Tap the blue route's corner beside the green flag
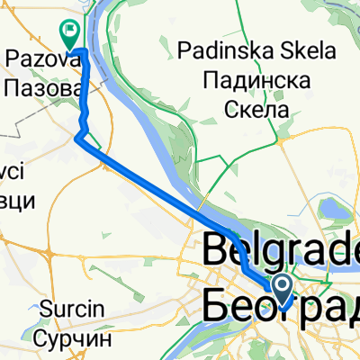84,49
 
